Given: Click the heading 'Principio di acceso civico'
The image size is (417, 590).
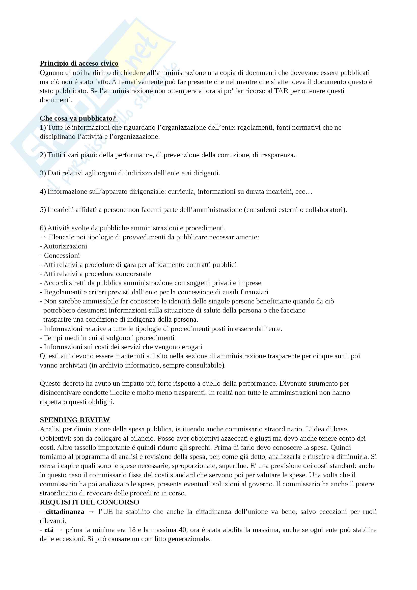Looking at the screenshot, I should tap(79, 64).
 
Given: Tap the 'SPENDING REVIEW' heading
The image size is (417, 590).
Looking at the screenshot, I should tap(75, 420).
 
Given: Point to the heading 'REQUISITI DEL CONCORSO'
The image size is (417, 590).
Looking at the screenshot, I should tap(89, 502).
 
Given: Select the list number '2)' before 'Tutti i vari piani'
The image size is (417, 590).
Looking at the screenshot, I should tap(43, 155).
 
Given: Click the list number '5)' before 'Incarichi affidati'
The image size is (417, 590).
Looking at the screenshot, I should tap(43, 210).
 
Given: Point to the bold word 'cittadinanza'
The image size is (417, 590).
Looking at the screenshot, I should tap(65, 512).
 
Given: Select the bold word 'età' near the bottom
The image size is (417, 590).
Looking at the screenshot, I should tap(49, 530).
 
